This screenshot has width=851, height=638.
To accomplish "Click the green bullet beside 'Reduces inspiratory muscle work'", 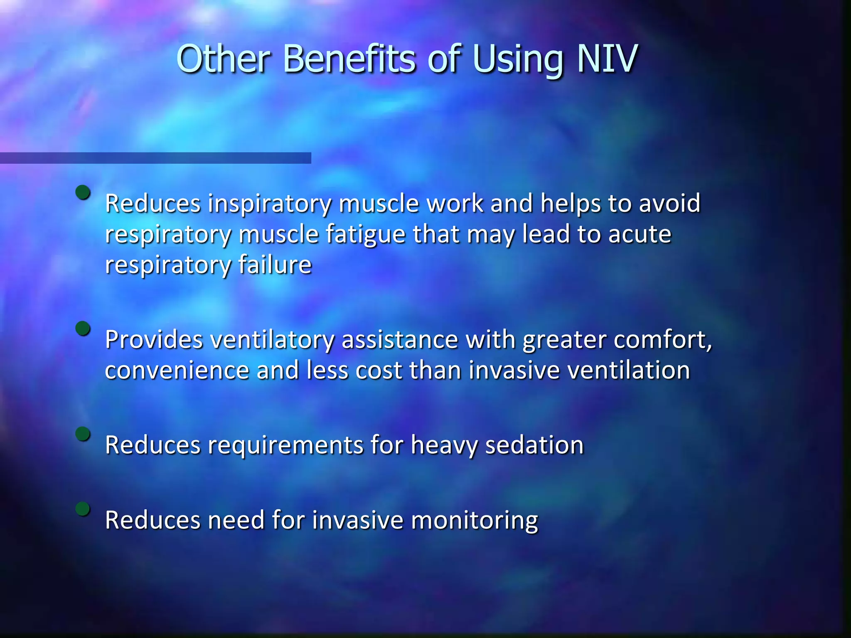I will (x=83, y=192).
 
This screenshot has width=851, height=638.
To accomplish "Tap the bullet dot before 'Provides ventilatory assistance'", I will (x=83, y=329).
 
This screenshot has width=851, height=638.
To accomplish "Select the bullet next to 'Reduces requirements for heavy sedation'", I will (x=83, y=434).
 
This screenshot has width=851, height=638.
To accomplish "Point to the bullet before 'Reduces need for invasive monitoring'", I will (x=83, y=509).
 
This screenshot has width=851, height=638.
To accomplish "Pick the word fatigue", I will (x=365, y=235).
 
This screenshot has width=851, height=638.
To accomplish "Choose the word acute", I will (x=639, y=234).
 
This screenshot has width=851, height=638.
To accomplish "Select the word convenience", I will (x=177, y=370).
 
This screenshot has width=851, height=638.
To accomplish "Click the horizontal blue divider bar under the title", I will (x=155, y=158).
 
